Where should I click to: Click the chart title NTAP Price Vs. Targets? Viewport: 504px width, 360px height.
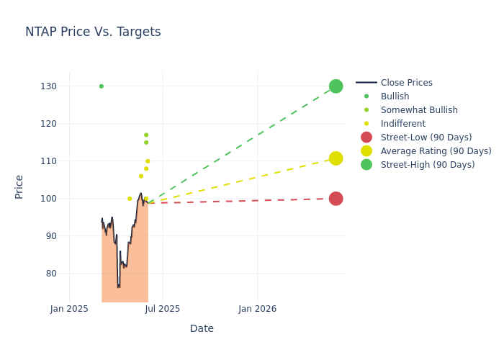pos(93,32)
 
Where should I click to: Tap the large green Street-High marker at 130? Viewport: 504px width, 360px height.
pos(336,86)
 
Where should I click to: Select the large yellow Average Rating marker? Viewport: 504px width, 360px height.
pos(336,158)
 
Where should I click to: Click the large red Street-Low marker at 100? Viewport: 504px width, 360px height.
pos(336,199)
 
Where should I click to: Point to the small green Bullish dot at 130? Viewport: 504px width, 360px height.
pos(101,86)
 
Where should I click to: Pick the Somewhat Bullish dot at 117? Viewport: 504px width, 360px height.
pos(146,135)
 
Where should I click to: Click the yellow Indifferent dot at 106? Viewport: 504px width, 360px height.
pos(141,176)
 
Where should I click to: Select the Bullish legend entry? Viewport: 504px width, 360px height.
pos(395,96)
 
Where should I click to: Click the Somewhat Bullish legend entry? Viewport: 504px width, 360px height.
pos(419,110)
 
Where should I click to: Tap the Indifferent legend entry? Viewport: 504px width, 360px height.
pos(402,124)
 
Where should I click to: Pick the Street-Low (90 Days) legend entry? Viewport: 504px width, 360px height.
pos(426,138)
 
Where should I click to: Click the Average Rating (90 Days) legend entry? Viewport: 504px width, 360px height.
pos(436,151)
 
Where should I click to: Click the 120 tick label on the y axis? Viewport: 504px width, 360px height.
pos(48,124)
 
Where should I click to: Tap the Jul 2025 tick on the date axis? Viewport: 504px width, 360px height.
pos(163,309)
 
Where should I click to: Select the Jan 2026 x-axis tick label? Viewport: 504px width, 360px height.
pos(257,309)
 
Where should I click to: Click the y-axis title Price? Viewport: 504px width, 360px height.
pos(19,186)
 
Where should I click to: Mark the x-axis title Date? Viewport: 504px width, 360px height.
pos(202,329)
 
